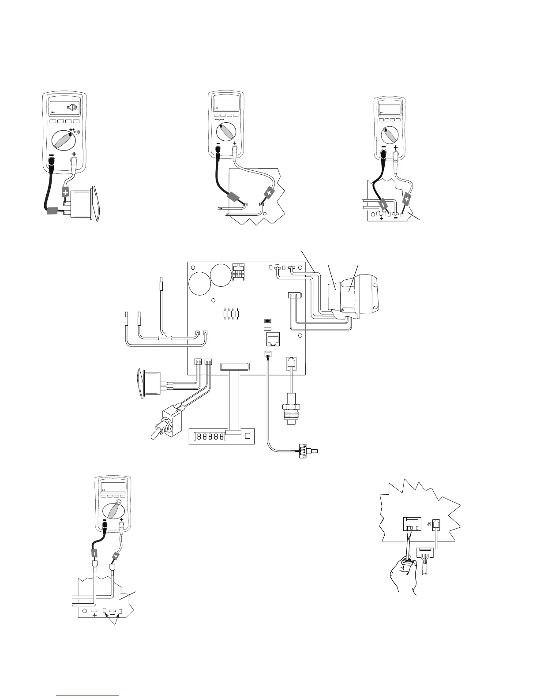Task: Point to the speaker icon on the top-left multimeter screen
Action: (73, 107)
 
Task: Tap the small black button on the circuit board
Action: (267, 321)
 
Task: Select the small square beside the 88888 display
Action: (247, 436)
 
